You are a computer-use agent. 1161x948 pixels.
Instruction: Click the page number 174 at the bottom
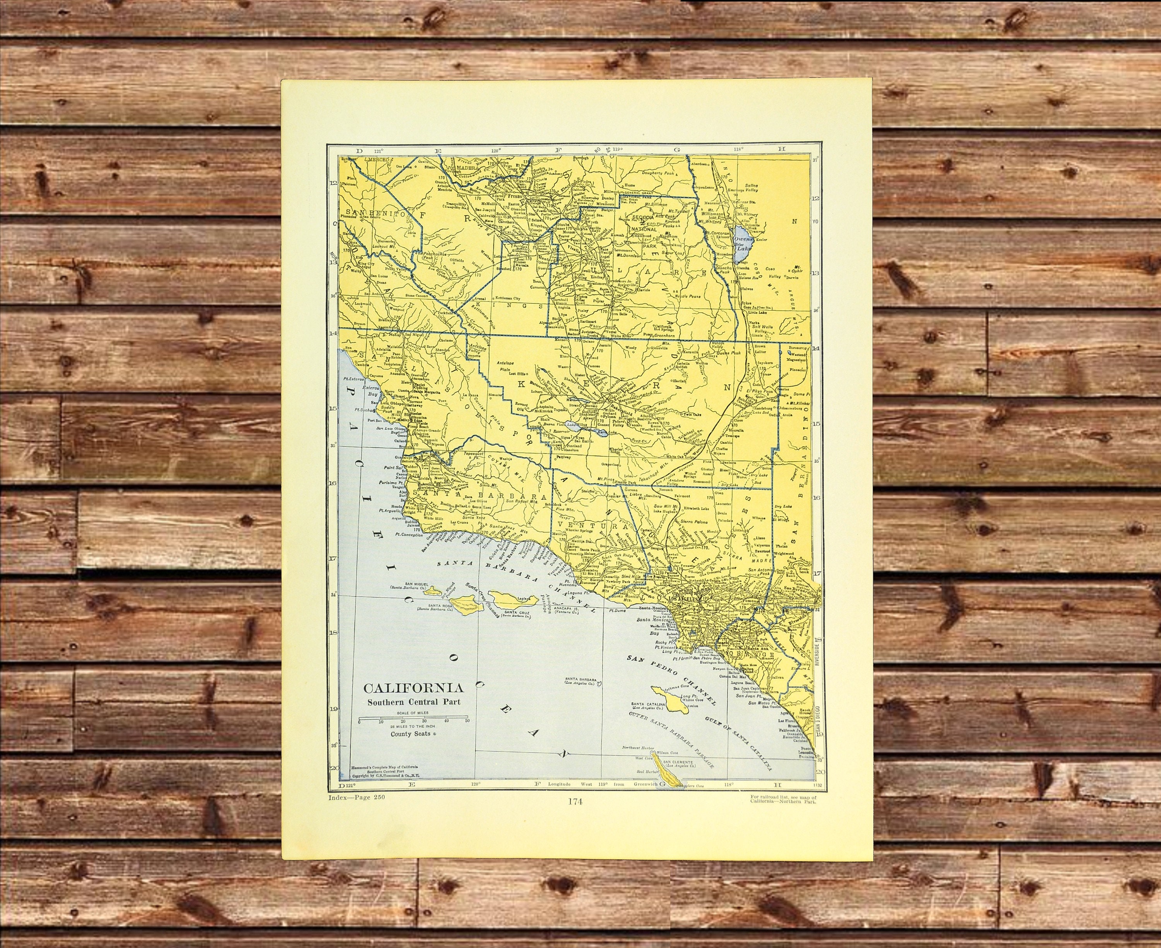point(574,802)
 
